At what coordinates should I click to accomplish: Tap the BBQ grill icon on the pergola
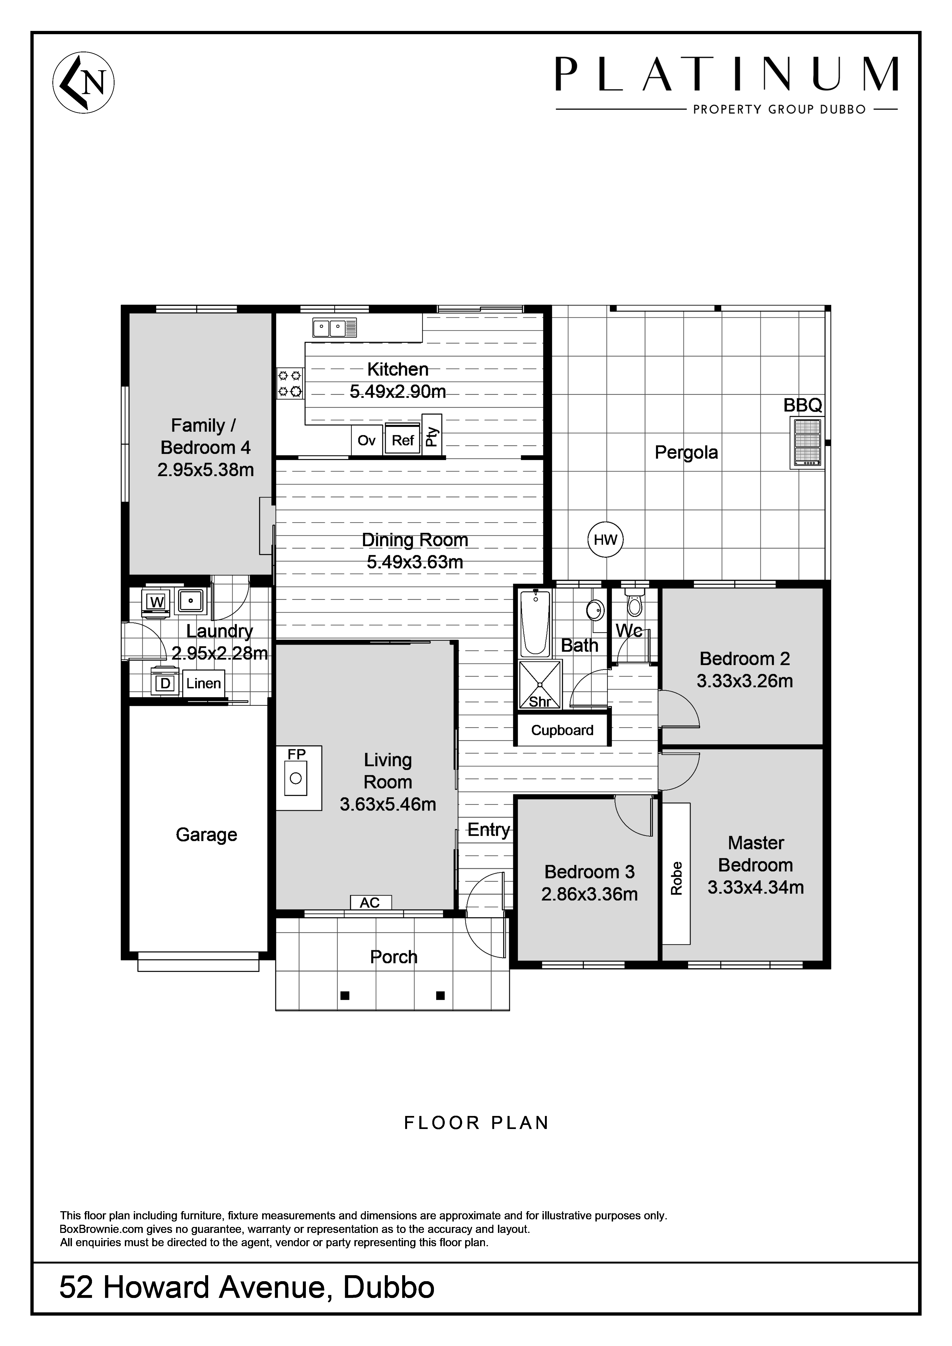(807, 442)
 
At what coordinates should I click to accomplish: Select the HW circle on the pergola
(605, 539)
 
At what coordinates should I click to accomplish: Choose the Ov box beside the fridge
(367, 440)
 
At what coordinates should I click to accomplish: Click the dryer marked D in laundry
(166, 683)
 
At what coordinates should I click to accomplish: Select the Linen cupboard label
(204, 684)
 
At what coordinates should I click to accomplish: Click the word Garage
(207, 835)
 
